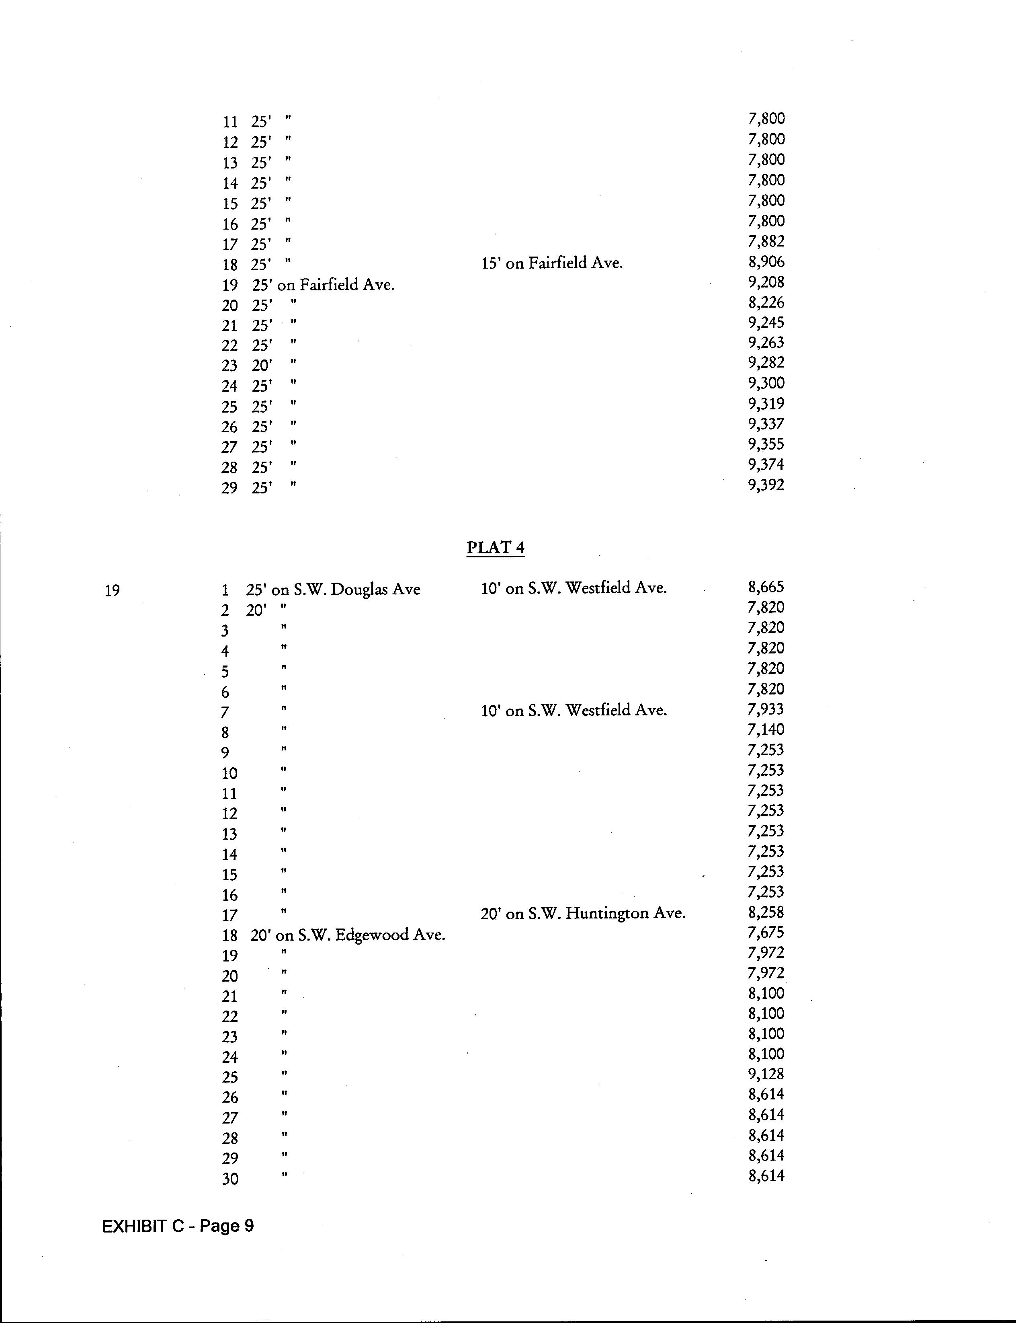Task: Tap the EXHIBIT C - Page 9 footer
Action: [x=178, y=1226]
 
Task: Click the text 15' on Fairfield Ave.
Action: [x=551, y=263]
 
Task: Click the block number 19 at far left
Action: [x=112, y=590]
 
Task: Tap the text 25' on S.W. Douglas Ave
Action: [x=333, y=589]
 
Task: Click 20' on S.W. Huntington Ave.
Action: [x=583, y=914]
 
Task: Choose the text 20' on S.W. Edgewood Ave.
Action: [x=348, y=935]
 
